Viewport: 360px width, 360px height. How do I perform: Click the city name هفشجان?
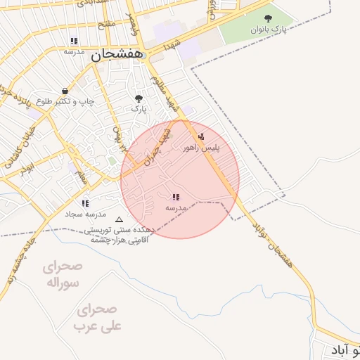point(117,53)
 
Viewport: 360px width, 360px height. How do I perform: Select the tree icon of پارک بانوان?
point(267,18)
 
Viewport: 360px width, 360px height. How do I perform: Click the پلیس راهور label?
point(201,148)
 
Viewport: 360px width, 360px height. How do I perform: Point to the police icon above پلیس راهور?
point(202,136)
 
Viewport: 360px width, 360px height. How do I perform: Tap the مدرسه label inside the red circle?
point(176,209)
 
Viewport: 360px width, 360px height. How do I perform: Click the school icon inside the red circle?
point(175,198)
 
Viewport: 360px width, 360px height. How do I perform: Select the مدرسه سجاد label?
point(85,214)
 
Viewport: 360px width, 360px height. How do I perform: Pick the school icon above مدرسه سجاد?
point(85,203)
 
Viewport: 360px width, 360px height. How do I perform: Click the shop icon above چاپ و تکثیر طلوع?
point(65,91)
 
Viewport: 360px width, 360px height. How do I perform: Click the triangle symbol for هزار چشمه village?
point(118,219)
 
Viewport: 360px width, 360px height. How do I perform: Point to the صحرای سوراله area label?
point(62,275)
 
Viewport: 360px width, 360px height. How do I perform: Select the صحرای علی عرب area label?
point(98,318)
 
